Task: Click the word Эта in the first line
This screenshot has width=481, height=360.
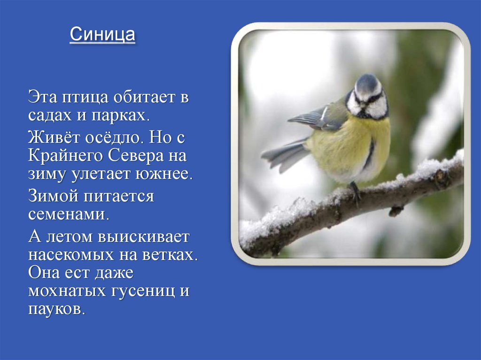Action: tap(44, 98)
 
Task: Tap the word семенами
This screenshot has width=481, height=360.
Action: tap(69, 214)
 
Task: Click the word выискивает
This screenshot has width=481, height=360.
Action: tap(143, 237)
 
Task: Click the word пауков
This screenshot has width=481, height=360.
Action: tap(57, 309)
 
